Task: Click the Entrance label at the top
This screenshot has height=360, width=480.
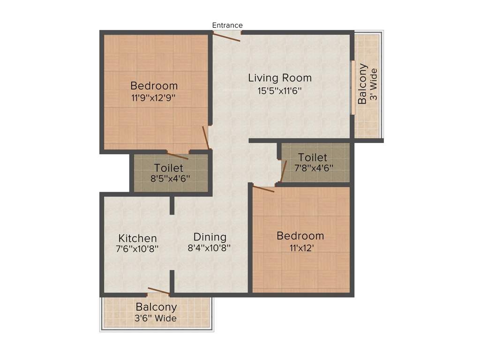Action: [227, 25]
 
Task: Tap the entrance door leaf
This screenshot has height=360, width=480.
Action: [227, 37]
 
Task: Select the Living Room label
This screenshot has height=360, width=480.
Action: [280, 78]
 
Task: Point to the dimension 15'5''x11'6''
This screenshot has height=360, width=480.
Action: [279, 90]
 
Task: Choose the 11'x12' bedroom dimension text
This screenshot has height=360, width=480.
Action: [300, 248]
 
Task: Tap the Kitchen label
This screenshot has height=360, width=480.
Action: [137, 238]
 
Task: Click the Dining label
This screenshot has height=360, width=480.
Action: [210, 237]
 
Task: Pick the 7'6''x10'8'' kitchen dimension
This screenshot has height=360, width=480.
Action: [137, 249]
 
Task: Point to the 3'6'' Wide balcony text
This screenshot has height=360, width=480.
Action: [156, 319]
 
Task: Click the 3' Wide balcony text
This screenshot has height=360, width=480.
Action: [374, 86]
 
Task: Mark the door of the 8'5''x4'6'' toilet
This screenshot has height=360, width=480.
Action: [178, 156]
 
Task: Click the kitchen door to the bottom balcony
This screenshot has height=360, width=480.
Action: [158, 291]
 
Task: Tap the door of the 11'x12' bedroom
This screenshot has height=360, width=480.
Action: [263, 189]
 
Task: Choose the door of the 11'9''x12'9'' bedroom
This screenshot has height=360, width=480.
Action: [205, 137]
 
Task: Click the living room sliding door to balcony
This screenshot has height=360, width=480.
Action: [352, 87]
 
